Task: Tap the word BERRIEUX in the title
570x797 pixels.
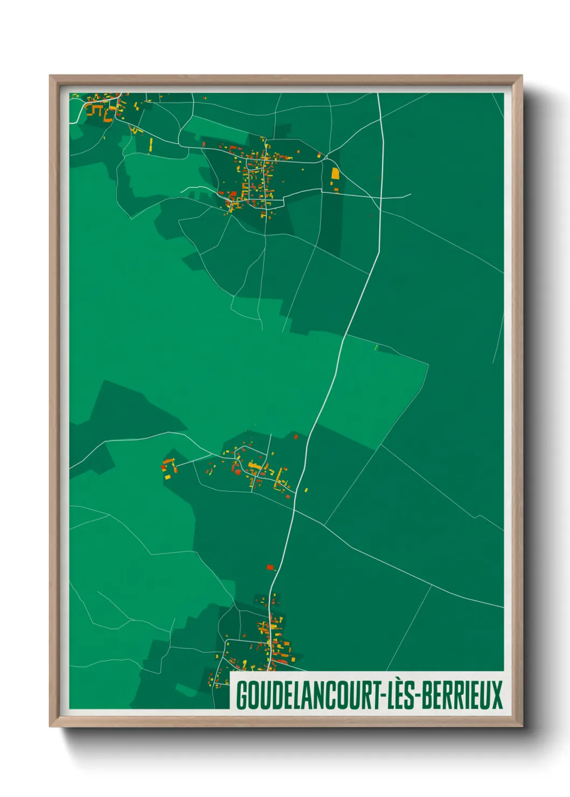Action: pos(462,695)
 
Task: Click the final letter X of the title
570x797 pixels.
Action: pos(497,695)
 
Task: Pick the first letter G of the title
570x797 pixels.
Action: pos(241,695)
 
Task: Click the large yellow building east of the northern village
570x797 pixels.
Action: pos(335,173)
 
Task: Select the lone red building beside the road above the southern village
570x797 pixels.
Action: pos(270,567)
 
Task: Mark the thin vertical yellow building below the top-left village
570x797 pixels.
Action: pos(151,144)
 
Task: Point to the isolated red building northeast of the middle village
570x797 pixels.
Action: pos(295,436)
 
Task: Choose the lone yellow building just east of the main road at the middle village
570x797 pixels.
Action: pos(306,490)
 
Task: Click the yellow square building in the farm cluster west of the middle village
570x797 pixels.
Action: pos(168,477)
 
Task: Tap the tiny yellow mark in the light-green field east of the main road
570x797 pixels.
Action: pos(376,347)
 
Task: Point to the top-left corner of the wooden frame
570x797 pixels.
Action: pos(50,76)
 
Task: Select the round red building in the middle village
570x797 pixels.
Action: pos(238,472)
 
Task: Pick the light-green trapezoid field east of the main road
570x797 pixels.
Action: pos(377,388)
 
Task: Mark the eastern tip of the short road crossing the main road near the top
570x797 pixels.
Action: pos(411,194)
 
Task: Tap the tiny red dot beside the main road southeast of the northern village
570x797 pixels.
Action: pos(371,216)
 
